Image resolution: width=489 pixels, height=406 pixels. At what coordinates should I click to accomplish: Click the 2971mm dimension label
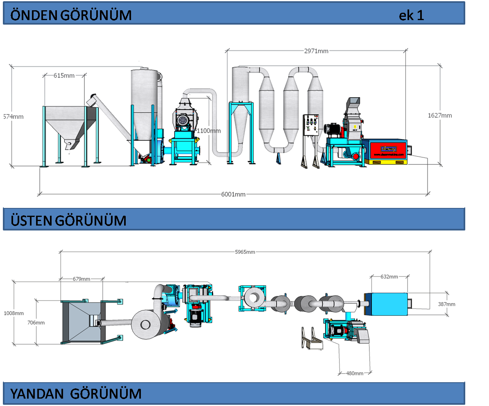coord(316,51)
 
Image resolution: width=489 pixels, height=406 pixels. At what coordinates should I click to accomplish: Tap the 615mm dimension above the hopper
coord(64,75)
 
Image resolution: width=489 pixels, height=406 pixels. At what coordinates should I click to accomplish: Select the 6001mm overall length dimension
coord(233,194)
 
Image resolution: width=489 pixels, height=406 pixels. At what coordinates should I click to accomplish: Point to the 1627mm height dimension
coord(440,115)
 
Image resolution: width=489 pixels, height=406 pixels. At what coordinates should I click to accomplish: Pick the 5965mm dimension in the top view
coord(245,252)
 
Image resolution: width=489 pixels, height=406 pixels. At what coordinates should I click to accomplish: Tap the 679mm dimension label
coord(81,279)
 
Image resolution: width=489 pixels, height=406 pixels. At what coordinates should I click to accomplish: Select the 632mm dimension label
coord(389,276)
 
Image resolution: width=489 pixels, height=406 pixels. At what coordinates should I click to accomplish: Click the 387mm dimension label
coord(446,304)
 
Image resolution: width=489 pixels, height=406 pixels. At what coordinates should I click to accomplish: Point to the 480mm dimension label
coord(355,373)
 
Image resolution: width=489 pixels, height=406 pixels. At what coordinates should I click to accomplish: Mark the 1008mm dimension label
coord(13,313)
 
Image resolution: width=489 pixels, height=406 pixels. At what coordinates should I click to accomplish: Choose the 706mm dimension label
coord(36,323)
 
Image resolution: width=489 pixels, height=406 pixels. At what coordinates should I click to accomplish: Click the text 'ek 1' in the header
coord(411,15)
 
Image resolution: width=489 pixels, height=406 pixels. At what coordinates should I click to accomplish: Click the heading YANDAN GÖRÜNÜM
coord(76,394)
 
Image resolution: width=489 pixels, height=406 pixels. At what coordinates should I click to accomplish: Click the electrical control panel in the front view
coord(312,125)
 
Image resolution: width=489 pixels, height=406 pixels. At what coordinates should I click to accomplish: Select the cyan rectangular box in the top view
coord(387,304)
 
